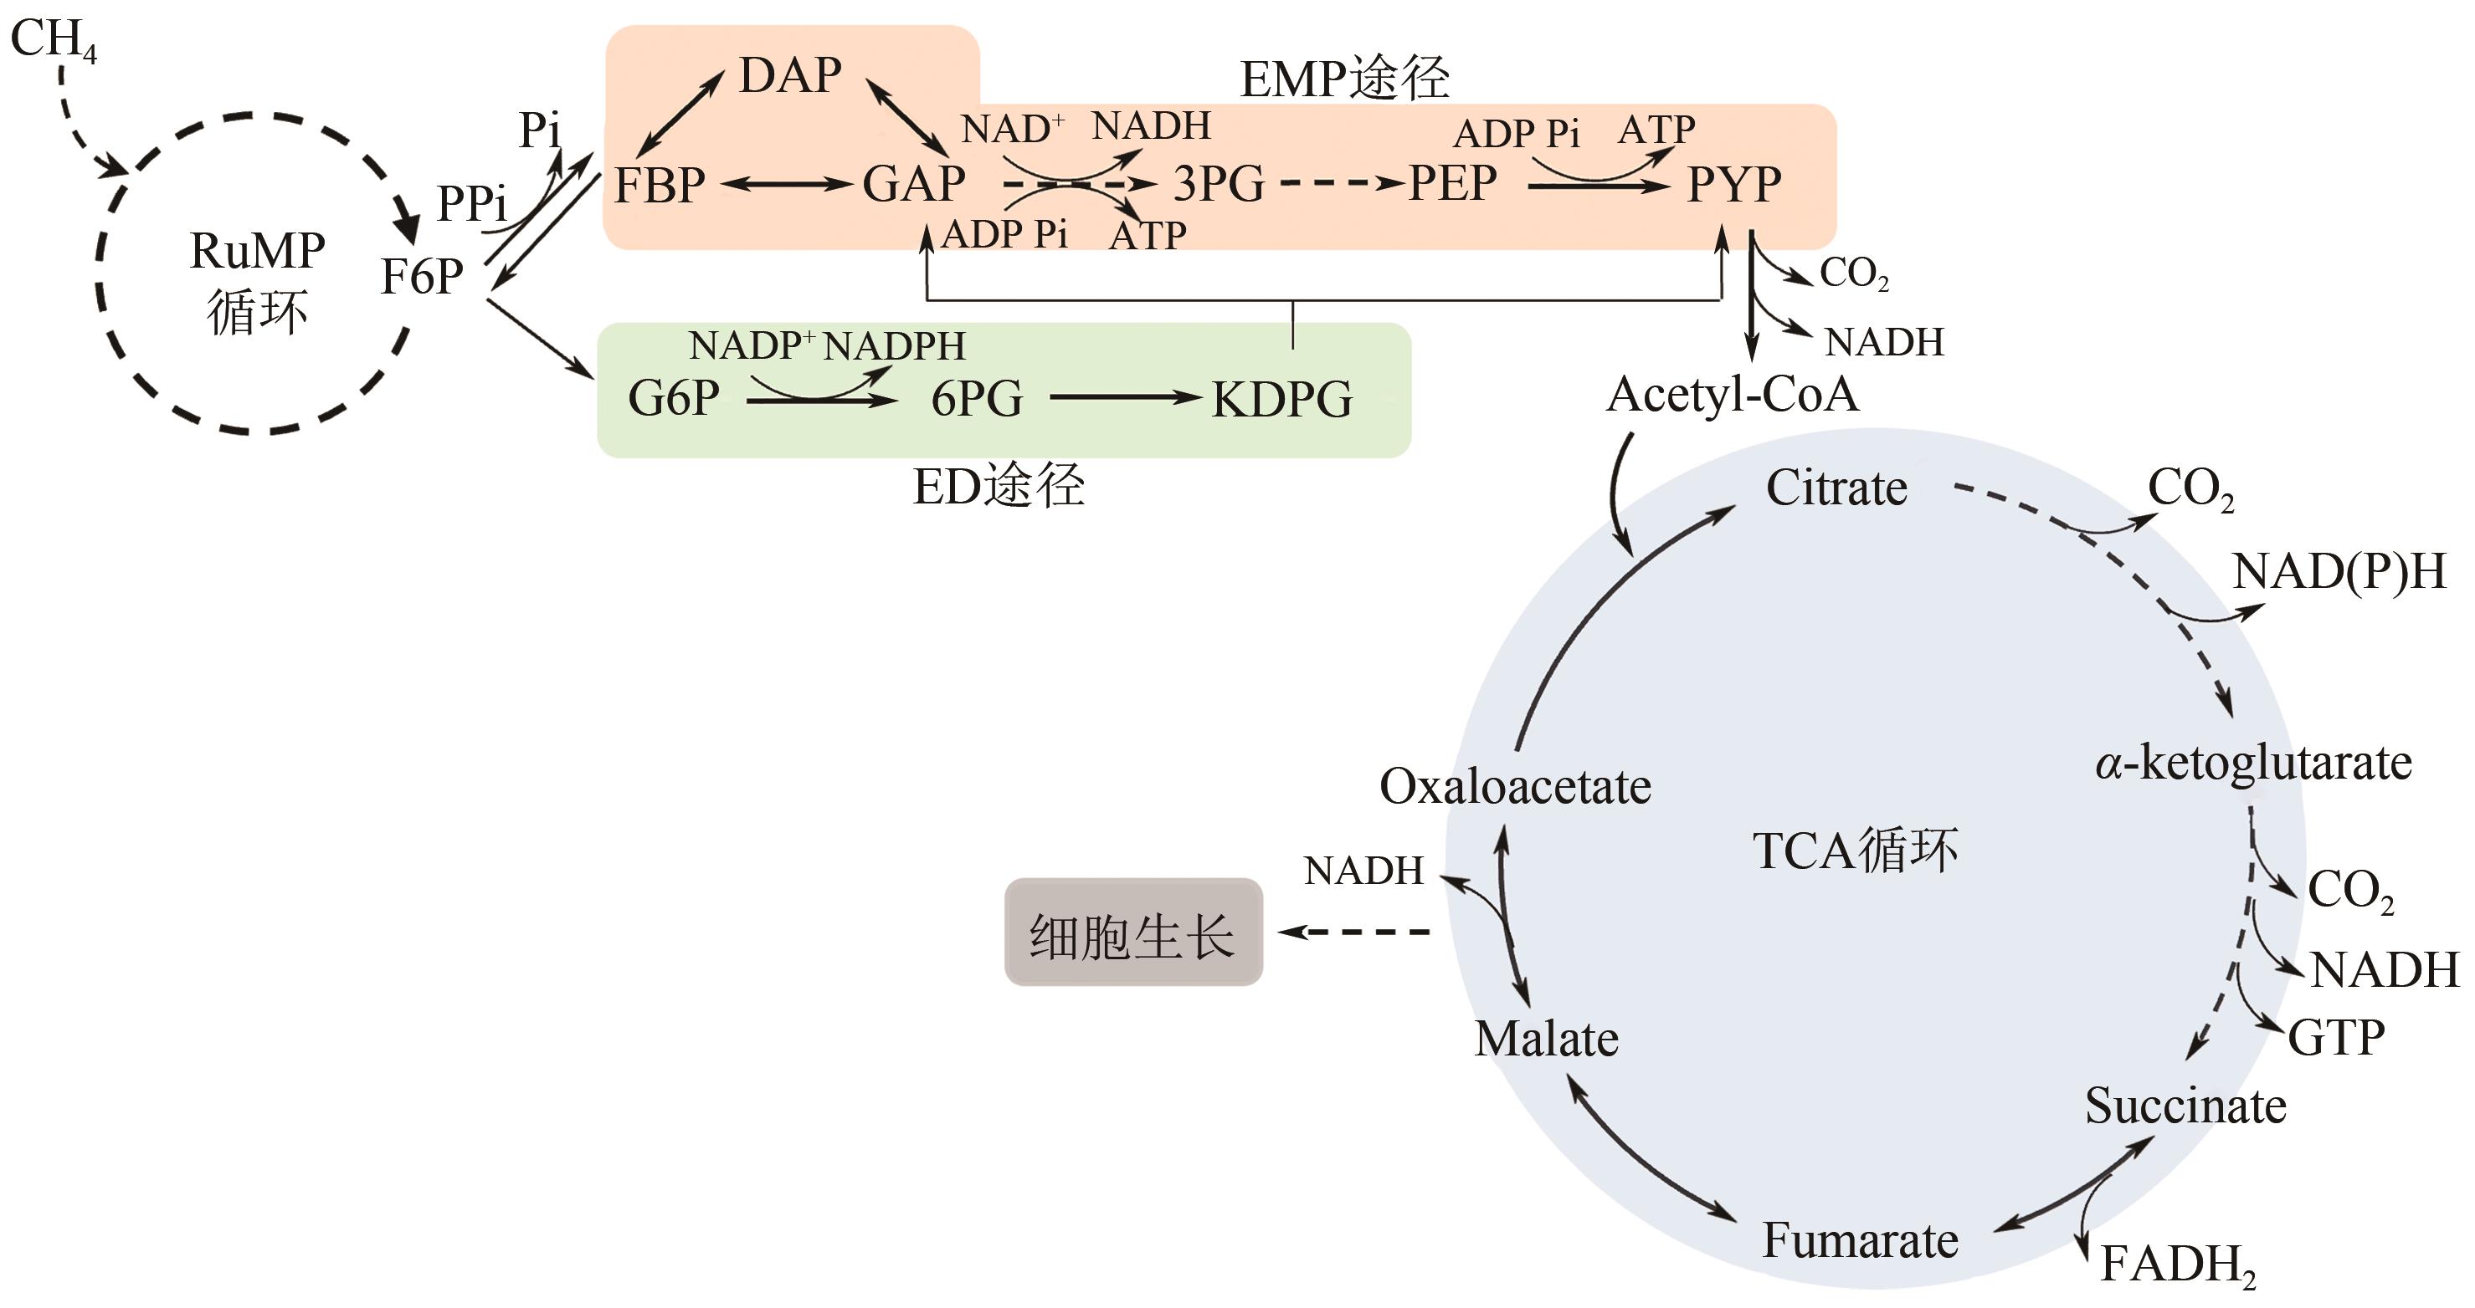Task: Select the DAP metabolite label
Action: click(x=790, y=75)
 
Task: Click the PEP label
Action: click(x=1451, y=182)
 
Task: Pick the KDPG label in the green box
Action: click(x=1281, y=400)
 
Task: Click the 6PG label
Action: click(x=976, y=399)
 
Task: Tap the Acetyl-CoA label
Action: click(x=1733, y=395)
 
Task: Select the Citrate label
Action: click(x=1836, y=488)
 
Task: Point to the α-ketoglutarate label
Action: click(x=2253, y=764)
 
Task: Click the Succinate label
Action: click(x=2185, y=1106)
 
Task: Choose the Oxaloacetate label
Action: click(x=1515, y=786)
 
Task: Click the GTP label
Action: click(x=2336, y=1037)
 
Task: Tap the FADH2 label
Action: click(x=2177, y=1265)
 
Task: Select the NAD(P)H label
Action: click(x=2339, y=571)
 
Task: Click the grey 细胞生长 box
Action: click(x=1132, y=932)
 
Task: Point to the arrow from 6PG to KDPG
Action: click(x=1125, y=396)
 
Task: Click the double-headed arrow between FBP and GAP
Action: click(x=786, y=184)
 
